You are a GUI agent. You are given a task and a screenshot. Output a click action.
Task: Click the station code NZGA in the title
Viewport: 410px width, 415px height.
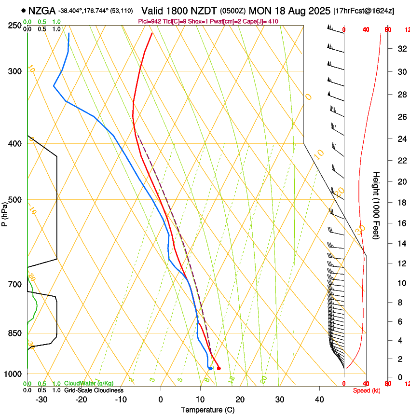pyautogui.click(x=42, y=10)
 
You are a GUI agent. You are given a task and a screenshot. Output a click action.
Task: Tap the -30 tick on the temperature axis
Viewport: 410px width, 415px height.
pyautogui.click(x=41, y=400)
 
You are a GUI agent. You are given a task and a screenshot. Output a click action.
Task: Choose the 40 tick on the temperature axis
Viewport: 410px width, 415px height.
pyautogui.click(x=319, y=400)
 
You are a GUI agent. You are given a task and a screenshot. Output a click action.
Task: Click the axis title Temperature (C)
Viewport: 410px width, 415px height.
pyautogui.click(x=207, y=410)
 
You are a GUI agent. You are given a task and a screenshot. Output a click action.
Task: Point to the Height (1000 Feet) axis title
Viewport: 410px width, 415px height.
pyautogui.click(x=377, y=206)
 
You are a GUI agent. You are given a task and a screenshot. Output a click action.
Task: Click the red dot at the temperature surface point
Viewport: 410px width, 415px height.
pyautogui.click(x=219, y=368)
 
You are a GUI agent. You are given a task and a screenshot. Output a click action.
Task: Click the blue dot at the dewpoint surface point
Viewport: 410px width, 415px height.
pyautogui.click(x=210, y=369)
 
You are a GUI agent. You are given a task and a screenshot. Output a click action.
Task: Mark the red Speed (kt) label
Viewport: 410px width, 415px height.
pyautogui.click(x=366, y=390)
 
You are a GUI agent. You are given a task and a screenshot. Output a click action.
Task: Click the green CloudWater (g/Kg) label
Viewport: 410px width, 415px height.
pyautogui.click(x=89, y=384)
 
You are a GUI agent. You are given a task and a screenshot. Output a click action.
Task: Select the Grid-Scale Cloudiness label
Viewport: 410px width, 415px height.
pyautogui.click(x=94, y=390)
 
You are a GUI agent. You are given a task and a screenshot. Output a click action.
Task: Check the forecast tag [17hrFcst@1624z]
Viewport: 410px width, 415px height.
pyautogui.click(x=364, y=11)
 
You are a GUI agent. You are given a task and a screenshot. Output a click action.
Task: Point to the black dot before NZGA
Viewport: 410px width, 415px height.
pyautogui.click(x=23, y=10)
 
